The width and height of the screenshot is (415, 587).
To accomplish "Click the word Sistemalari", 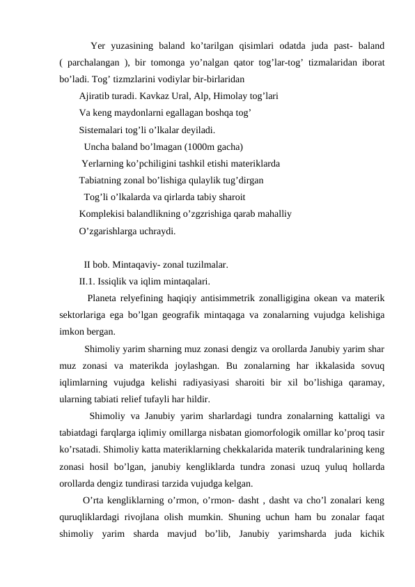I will pos(102,130).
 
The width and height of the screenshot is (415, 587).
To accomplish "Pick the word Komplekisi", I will pos(104,215).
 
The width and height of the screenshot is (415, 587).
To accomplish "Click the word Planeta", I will pos(103,298).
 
